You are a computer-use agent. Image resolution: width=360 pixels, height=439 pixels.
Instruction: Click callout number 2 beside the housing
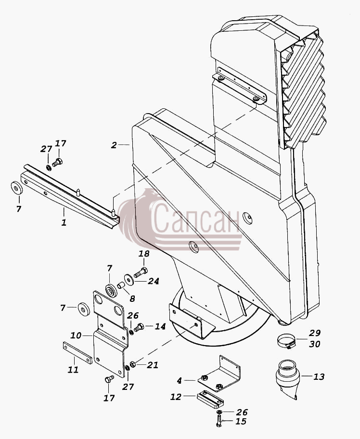click(x=114, y=145)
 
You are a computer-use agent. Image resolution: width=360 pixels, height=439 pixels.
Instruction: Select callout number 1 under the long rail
click(x=64, y=222)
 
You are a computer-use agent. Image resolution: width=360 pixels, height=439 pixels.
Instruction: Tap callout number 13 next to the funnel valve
click(x=319, y=376)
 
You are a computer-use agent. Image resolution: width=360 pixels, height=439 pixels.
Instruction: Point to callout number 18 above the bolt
click(x=144, y=254)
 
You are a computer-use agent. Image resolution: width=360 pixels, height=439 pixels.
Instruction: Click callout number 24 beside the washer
click(x=154, y=281)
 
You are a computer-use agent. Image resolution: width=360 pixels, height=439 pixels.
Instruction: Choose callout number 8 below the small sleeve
click(x=132, y=299)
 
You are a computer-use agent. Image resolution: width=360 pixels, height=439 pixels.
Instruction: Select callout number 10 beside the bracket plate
click(x=76, y=335)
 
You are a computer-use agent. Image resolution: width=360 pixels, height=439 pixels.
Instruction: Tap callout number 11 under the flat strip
click(x=73, y=370)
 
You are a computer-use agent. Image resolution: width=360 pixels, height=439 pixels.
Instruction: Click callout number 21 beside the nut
click(x=153, y=365)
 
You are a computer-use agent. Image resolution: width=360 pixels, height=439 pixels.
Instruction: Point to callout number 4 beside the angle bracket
click(x=179, y=380)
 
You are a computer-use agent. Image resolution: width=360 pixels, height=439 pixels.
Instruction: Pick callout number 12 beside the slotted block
click(x=176, y=397)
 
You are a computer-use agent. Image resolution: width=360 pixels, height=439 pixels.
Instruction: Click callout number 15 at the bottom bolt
click(x=241, y=421)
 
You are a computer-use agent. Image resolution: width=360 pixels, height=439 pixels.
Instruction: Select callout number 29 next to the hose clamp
click(x=315, y=333)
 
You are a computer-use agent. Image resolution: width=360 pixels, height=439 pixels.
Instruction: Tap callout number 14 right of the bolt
click(x=160, y=326)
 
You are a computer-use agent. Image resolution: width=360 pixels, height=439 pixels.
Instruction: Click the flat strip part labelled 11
click(x=77, y=353)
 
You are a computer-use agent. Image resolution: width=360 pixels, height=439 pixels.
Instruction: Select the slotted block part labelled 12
click(x=210, y=398)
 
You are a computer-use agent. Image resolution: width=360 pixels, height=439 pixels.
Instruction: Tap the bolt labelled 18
click(x=141, y=272)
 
